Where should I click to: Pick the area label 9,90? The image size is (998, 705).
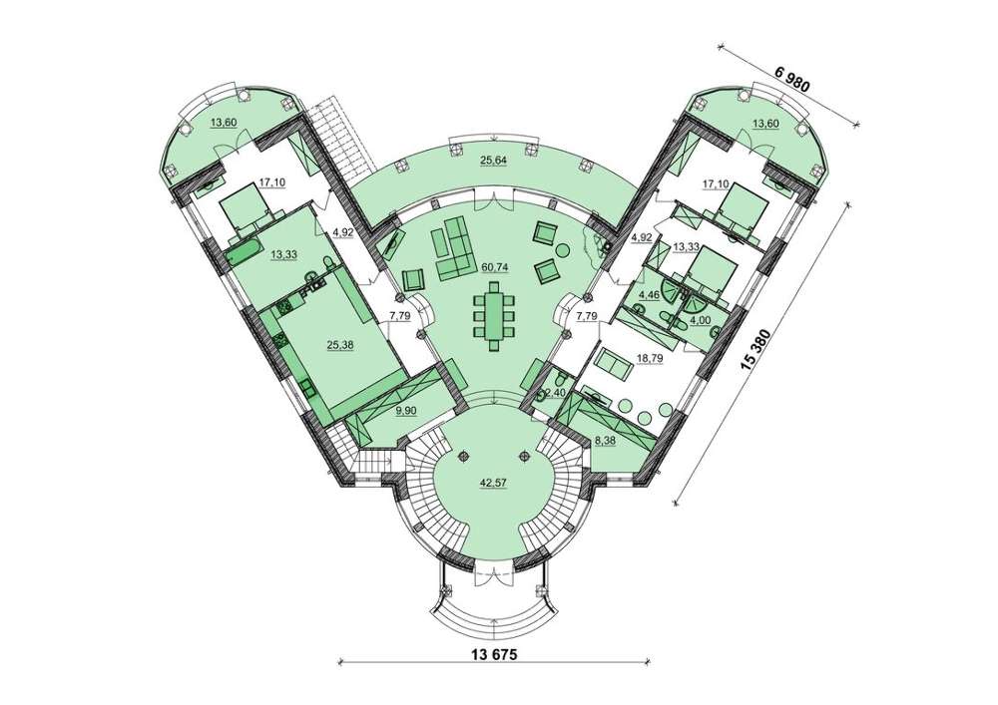[405, 411]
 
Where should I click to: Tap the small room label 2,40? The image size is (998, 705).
[556, 392]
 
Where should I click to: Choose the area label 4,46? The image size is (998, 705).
[649, 294]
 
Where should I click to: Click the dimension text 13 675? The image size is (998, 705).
[492, 653]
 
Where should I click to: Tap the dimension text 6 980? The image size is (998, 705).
[791, 79]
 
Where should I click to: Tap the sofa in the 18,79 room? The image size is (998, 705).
[613, 364]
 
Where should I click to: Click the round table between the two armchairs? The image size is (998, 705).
[563, 250]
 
